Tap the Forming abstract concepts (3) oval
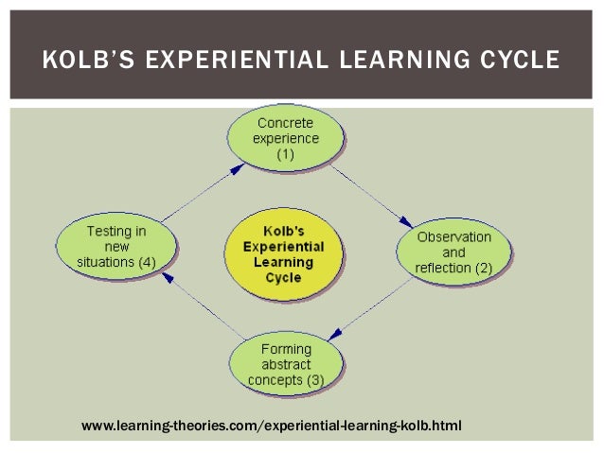[x=285, y=364]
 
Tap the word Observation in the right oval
[x=455, y=236]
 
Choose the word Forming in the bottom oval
[x=285, y=348]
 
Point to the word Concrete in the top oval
[x=287, y=123]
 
